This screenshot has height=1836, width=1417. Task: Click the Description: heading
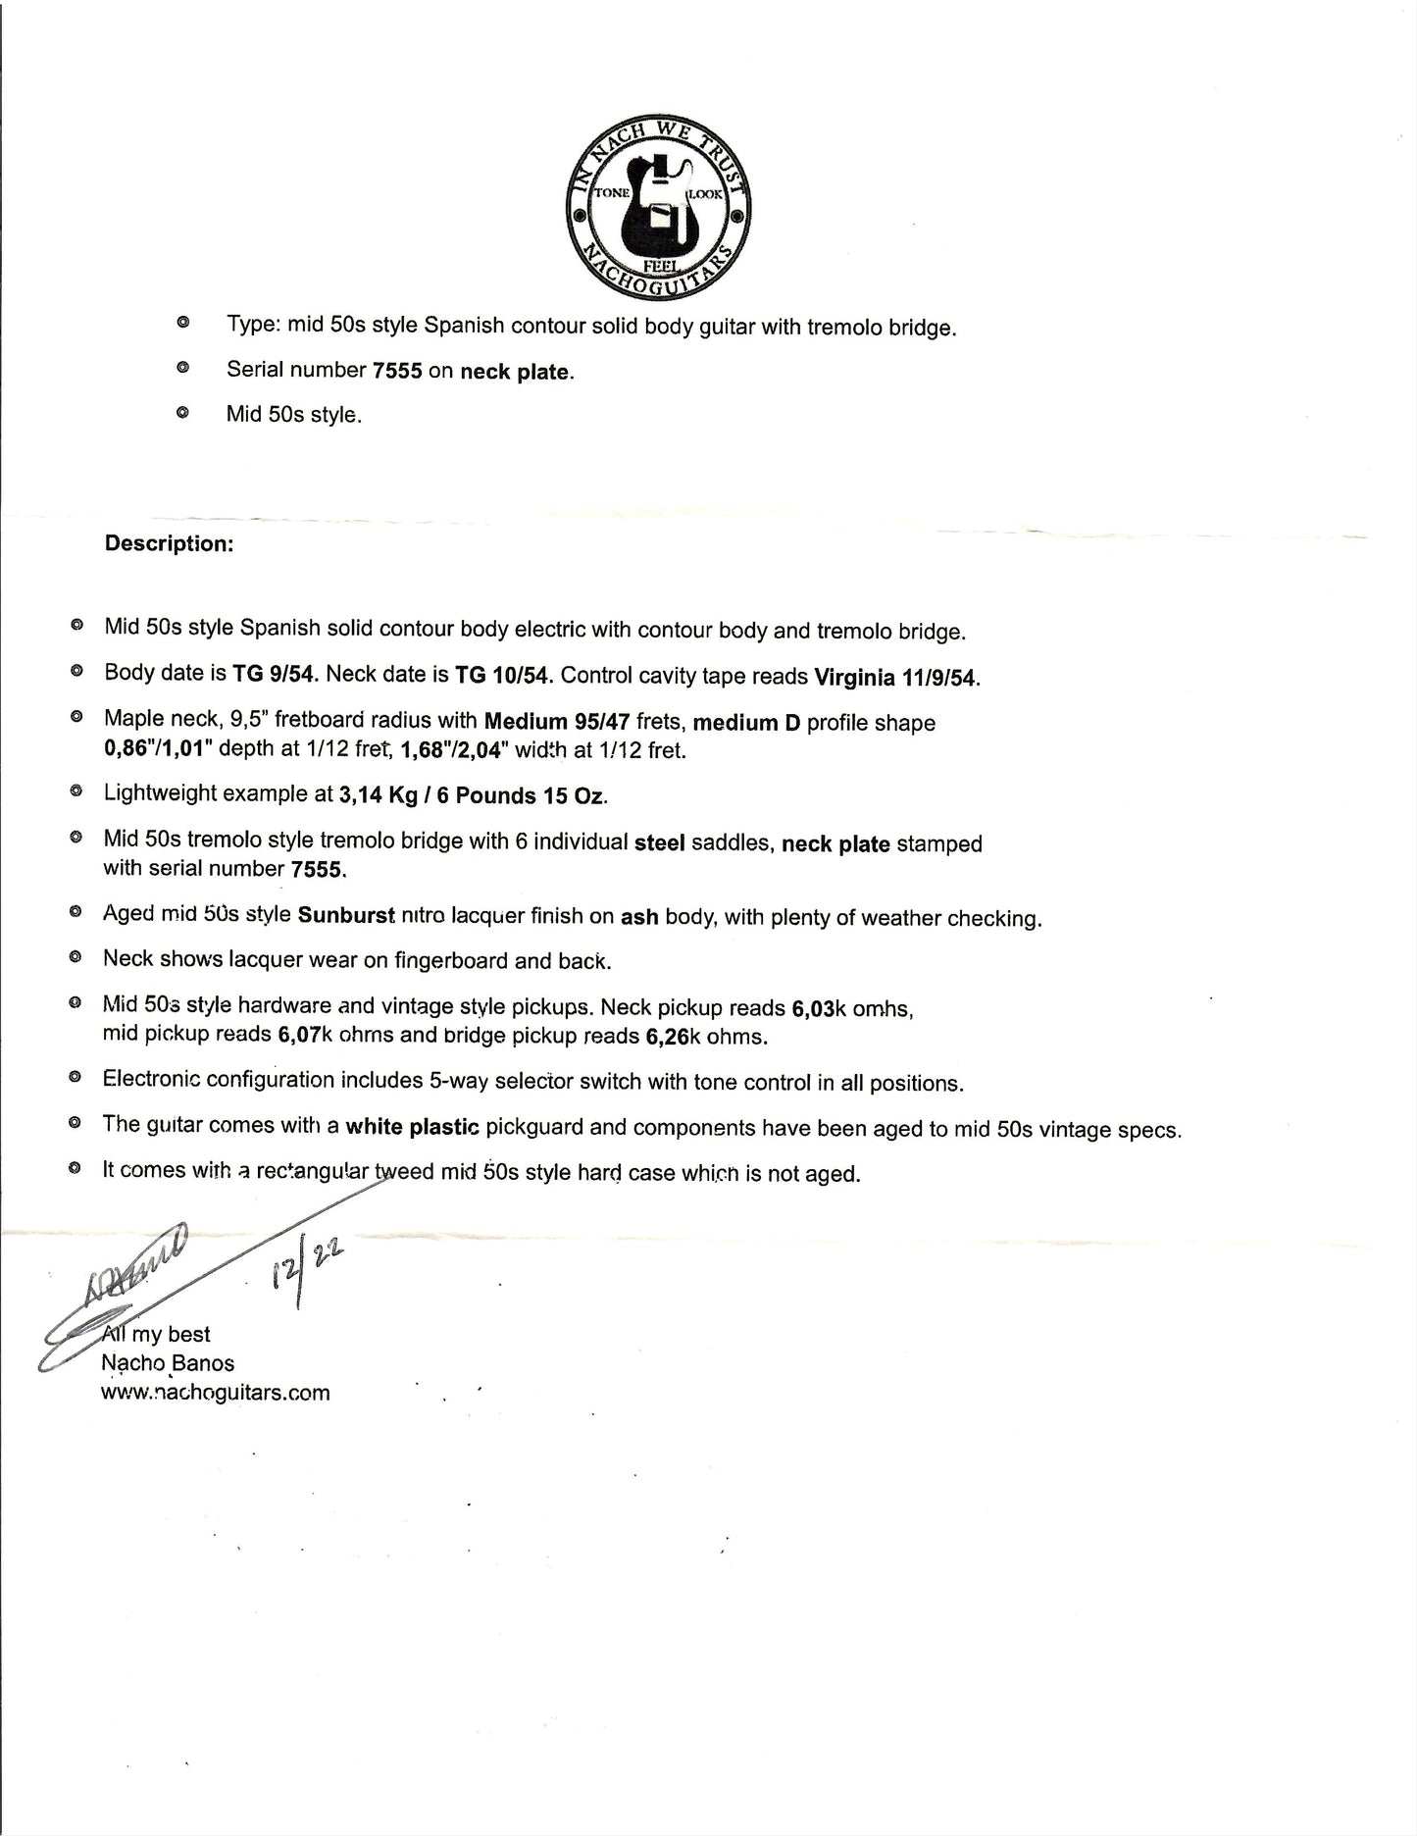169,544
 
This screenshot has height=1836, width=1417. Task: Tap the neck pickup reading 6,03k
813,1008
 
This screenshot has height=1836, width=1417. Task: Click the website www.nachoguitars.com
216,1393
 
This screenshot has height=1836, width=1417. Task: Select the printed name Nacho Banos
168,1363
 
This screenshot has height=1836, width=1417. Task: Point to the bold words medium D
746,723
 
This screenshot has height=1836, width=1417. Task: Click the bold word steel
659,843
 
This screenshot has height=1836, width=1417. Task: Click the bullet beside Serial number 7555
181,369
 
